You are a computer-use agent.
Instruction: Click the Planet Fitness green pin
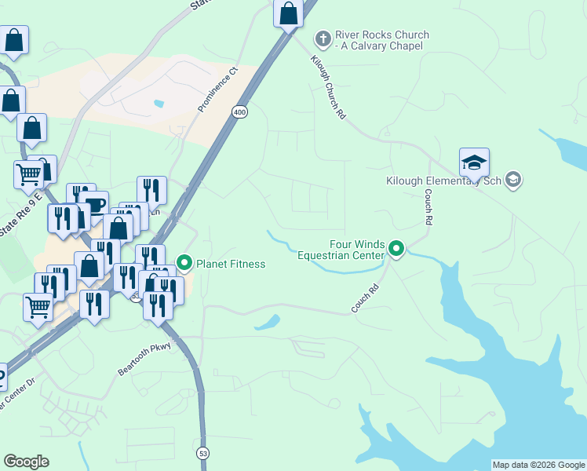coord(184,262)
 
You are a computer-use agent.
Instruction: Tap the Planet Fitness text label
coord(231,264)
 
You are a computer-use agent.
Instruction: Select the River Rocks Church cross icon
coord(323,38)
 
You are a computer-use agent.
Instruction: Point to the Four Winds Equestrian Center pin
coord(396,250)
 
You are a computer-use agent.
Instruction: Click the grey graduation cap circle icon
coord(513,181)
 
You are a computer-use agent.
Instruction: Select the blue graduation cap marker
coord(474,163)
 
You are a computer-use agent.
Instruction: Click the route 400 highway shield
coord(239,112)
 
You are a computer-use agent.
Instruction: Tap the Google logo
coord(26,462)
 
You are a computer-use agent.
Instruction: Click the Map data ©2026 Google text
coord(538,465)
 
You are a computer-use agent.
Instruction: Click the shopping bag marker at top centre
coord(289,13)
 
